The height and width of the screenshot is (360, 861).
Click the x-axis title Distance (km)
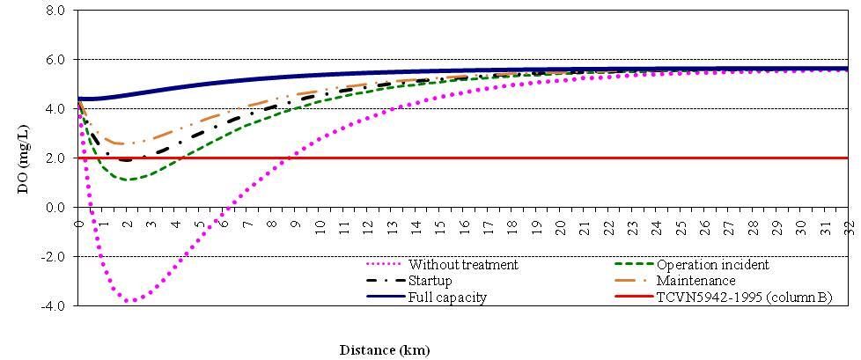pyautogui.click(x=385, y=350)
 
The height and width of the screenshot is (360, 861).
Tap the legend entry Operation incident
pyautogui.click(x=712, y=264)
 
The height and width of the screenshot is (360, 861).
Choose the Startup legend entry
pyautogui.click(x=430, y=281)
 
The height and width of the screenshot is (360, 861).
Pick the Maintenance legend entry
pyautogui.click(x=695, y=281)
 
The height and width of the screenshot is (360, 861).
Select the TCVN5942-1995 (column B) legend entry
pyautogui.click(x=744, y=298)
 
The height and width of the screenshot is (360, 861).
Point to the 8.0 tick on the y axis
pyautogui.click(x=55, y=11)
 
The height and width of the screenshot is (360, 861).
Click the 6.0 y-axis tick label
pyautogui.click(x=55, y=60)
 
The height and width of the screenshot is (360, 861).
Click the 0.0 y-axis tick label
pyautogui.click(x=55, y=207)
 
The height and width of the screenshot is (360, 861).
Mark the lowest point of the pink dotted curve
pyautogui.click(x=130, y=301)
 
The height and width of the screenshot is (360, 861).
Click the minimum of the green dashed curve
pyautogui.click(x=129, y=180)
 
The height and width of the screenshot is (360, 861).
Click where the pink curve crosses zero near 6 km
pyautogui.click(x=225, y=207)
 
